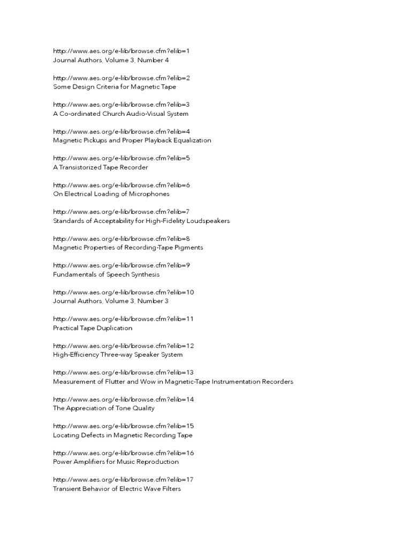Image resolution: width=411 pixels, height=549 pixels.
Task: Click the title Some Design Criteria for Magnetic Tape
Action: (115, 87)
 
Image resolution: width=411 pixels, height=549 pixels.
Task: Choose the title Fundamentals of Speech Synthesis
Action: (106, 274)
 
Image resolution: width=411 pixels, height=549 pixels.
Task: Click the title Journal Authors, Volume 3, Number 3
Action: (111, 301)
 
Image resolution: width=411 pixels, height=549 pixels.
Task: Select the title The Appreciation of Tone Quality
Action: (104, 409)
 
